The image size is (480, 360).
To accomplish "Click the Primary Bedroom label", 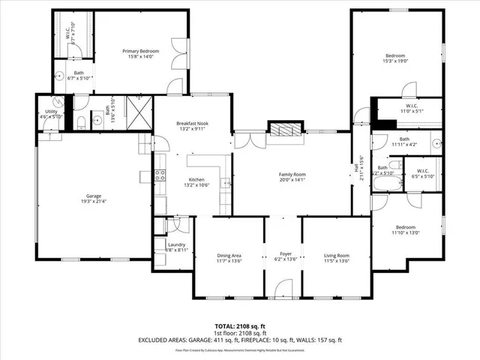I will pos(142,54).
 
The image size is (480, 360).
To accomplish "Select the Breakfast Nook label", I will pos(191,125).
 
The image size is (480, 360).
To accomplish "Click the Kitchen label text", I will pos(196,181).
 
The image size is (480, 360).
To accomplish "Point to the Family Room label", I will pos(292,177).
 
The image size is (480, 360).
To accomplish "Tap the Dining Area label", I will pos(229,259).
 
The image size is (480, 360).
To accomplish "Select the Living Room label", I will pos(336,259).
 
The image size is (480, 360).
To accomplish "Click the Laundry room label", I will pos(177,246).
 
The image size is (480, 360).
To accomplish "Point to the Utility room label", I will pos(51,114).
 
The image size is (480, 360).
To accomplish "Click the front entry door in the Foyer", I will pos(283,289).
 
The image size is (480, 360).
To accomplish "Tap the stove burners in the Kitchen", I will pos(160,177).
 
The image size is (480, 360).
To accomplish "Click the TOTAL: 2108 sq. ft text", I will pos(240,326).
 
